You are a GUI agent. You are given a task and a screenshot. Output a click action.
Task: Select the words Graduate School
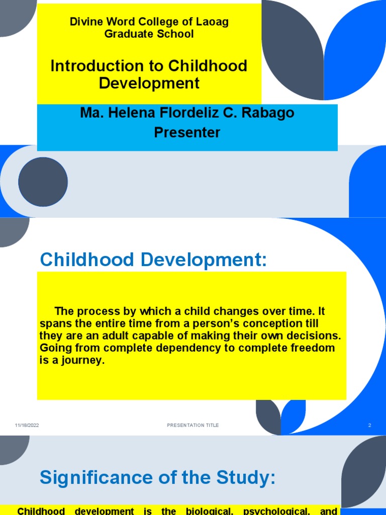(149, 34)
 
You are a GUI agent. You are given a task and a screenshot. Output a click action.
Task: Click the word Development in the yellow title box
(149, 83)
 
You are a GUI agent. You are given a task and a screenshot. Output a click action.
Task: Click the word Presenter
(187, 132)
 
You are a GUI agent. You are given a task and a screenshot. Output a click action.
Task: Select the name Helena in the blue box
(126, 113)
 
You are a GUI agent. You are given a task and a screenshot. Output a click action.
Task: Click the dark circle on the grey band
(43, 182)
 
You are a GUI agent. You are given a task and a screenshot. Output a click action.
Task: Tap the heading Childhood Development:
(153, 260)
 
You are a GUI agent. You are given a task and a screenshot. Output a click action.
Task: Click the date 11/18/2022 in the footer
(27, 425)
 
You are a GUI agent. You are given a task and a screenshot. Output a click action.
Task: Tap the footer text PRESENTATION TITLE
(193, 425)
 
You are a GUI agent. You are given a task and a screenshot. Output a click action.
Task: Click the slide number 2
(369, 425)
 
